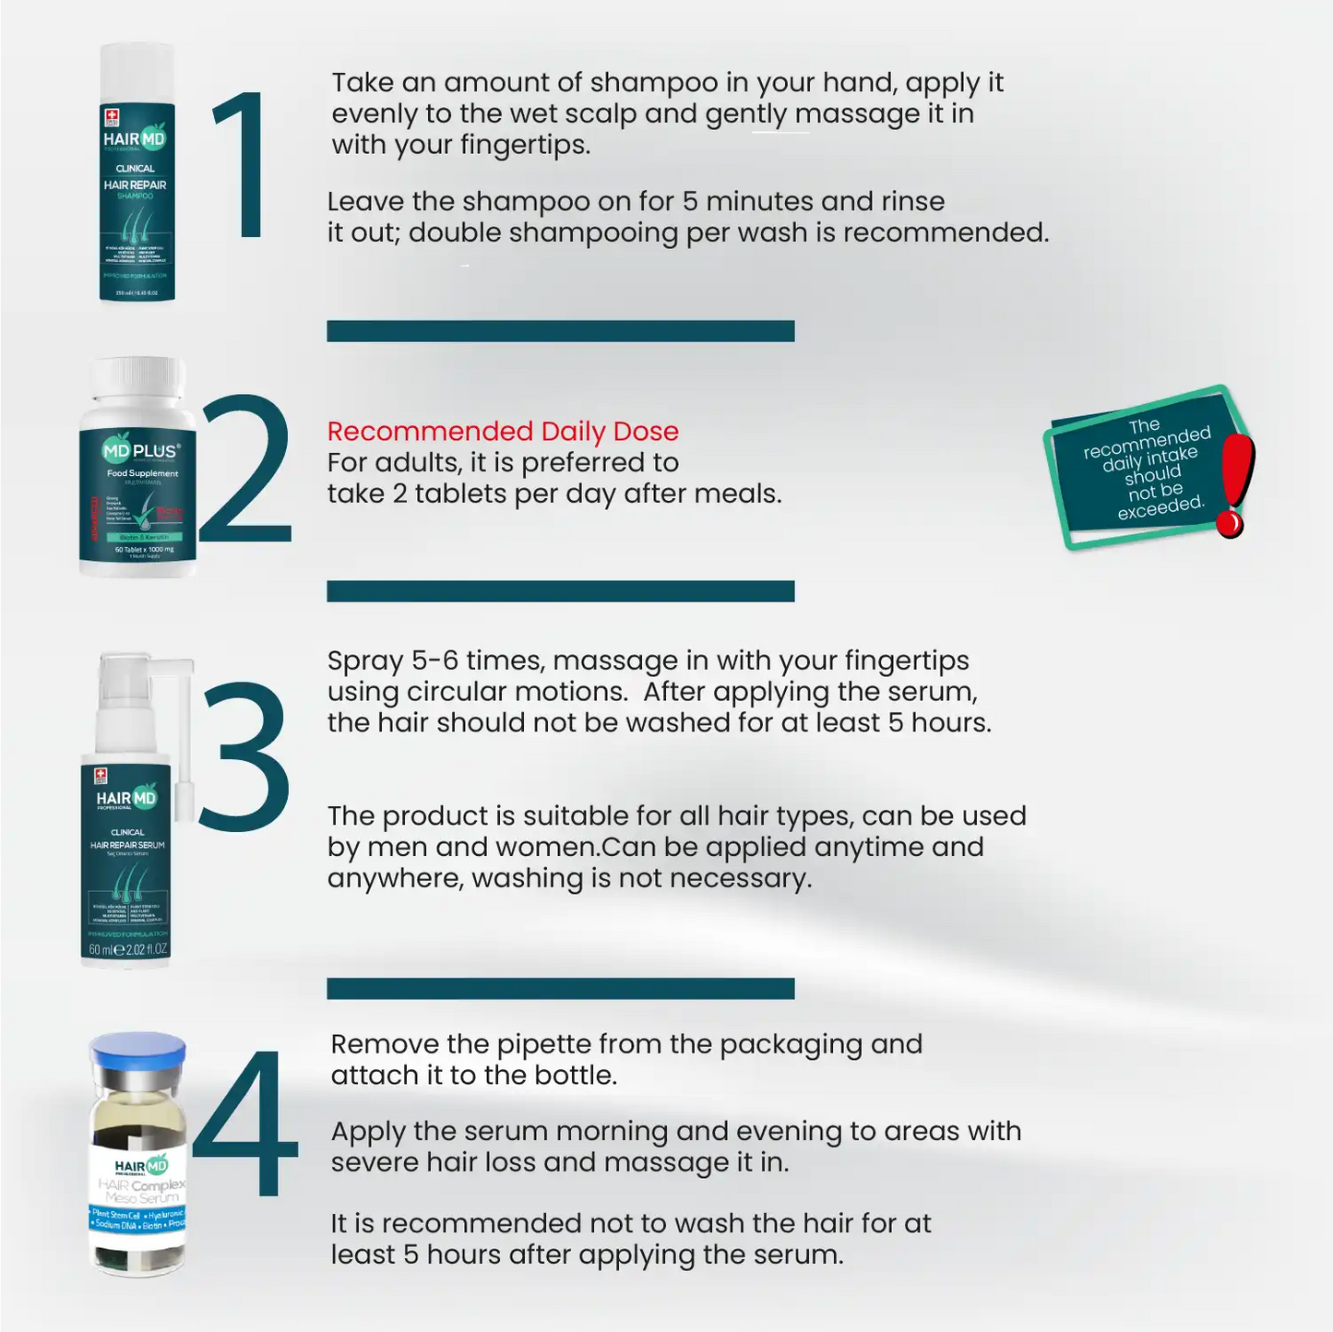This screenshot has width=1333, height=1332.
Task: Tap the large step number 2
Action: coord(244,469)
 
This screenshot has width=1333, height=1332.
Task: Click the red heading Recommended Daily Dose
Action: coord(503,431)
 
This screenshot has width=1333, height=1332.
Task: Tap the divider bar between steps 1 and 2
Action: coord(560,331)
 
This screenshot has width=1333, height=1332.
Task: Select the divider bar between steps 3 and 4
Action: coord(560,988)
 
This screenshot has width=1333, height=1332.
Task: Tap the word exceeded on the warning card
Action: coord(1160,506)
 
